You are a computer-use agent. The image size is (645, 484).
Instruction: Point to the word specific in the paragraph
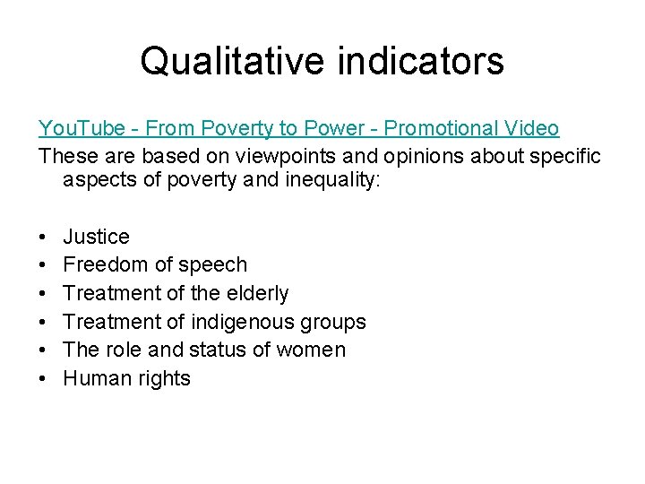coord(566,155)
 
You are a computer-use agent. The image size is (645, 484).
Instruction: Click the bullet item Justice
coord(96,237)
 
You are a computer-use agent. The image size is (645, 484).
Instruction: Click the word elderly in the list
coord(255,293)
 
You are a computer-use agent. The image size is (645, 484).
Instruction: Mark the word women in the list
coord(309,350)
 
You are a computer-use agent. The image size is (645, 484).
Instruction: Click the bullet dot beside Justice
coord(43,238)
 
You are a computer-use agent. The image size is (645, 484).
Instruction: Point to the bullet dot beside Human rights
coord(43,378)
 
